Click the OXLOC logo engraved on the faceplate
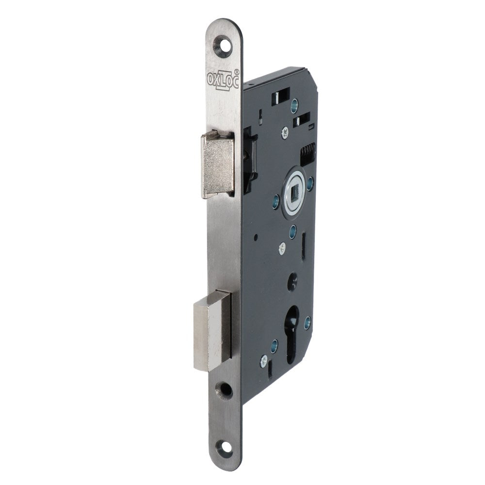[223, 79]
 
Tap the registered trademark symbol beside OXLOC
[237, 71]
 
